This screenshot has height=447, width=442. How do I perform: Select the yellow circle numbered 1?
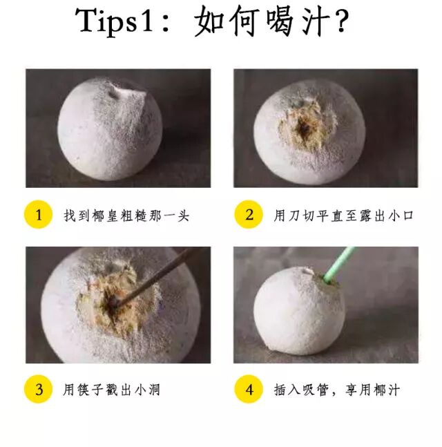tap(39, 214)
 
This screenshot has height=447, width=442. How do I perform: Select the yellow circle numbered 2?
tap(249, 214)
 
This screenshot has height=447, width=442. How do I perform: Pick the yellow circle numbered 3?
tap(39, 389)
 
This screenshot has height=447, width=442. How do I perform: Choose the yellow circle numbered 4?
tap(249, 389)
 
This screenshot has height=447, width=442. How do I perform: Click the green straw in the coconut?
tap(339, 265)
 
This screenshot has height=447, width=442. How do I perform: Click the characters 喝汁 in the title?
tap(298, 21)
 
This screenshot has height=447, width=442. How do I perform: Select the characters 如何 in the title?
tap(227, 21)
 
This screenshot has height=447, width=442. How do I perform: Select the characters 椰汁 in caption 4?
tap(387, 390)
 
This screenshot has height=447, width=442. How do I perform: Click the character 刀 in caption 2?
tap(294, 216)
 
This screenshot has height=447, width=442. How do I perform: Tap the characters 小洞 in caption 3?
tap(147, 390)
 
